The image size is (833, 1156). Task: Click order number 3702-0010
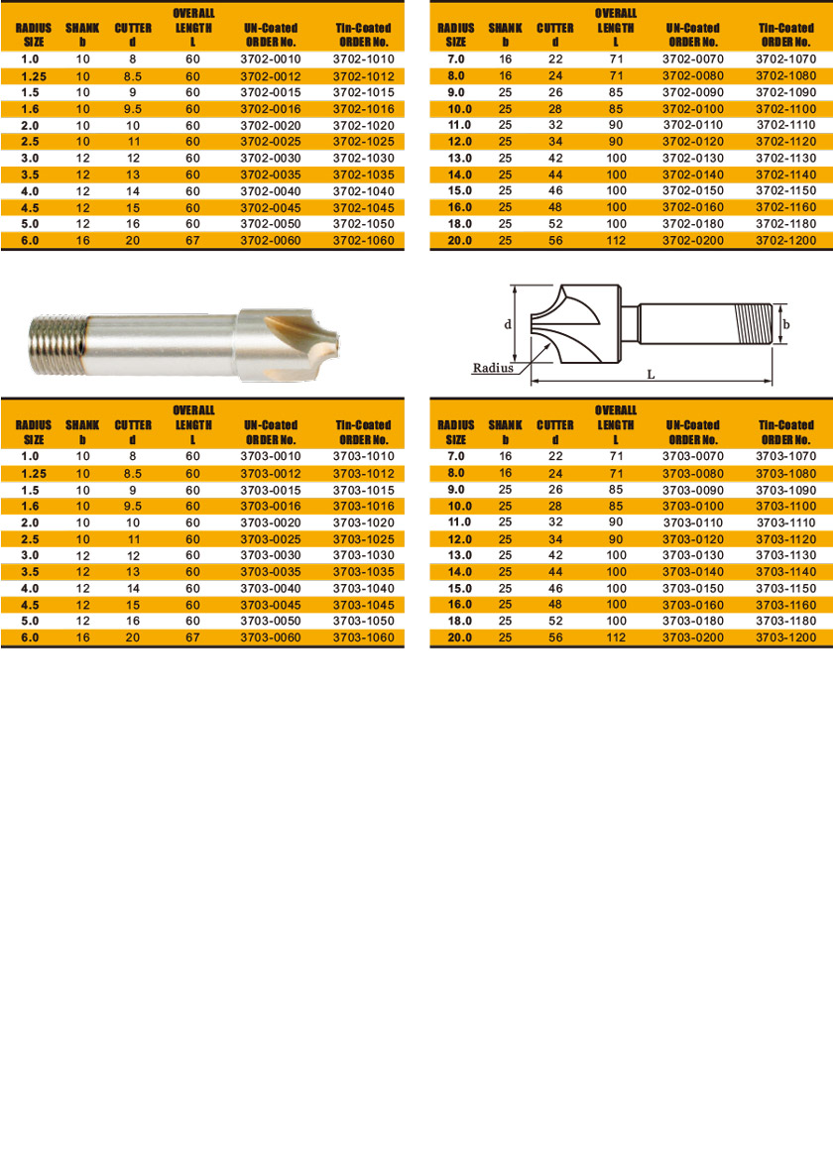270,59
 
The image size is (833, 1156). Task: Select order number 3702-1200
786,240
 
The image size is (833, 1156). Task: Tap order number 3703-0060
270,636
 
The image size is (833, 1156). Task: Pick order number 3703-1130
786,555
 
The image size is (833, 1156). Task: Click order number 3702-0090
693,92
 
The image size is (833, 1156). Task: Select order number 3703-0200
693,636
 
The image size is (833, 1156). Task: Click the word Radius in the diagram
493,367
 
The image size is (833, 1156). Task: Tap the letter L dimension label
651,374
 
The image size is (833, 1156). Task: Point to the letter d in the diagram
507,324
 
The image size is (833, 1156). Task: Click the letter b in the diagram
786,324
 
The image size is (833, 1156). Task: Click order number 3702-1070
786,59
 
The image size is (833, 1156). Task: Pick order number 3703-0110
693,522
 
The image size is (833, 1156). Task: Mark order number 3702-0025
270,142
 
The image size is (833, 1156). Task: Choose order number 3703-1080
786,473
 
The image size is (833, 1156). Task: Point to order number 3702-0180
693,224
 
